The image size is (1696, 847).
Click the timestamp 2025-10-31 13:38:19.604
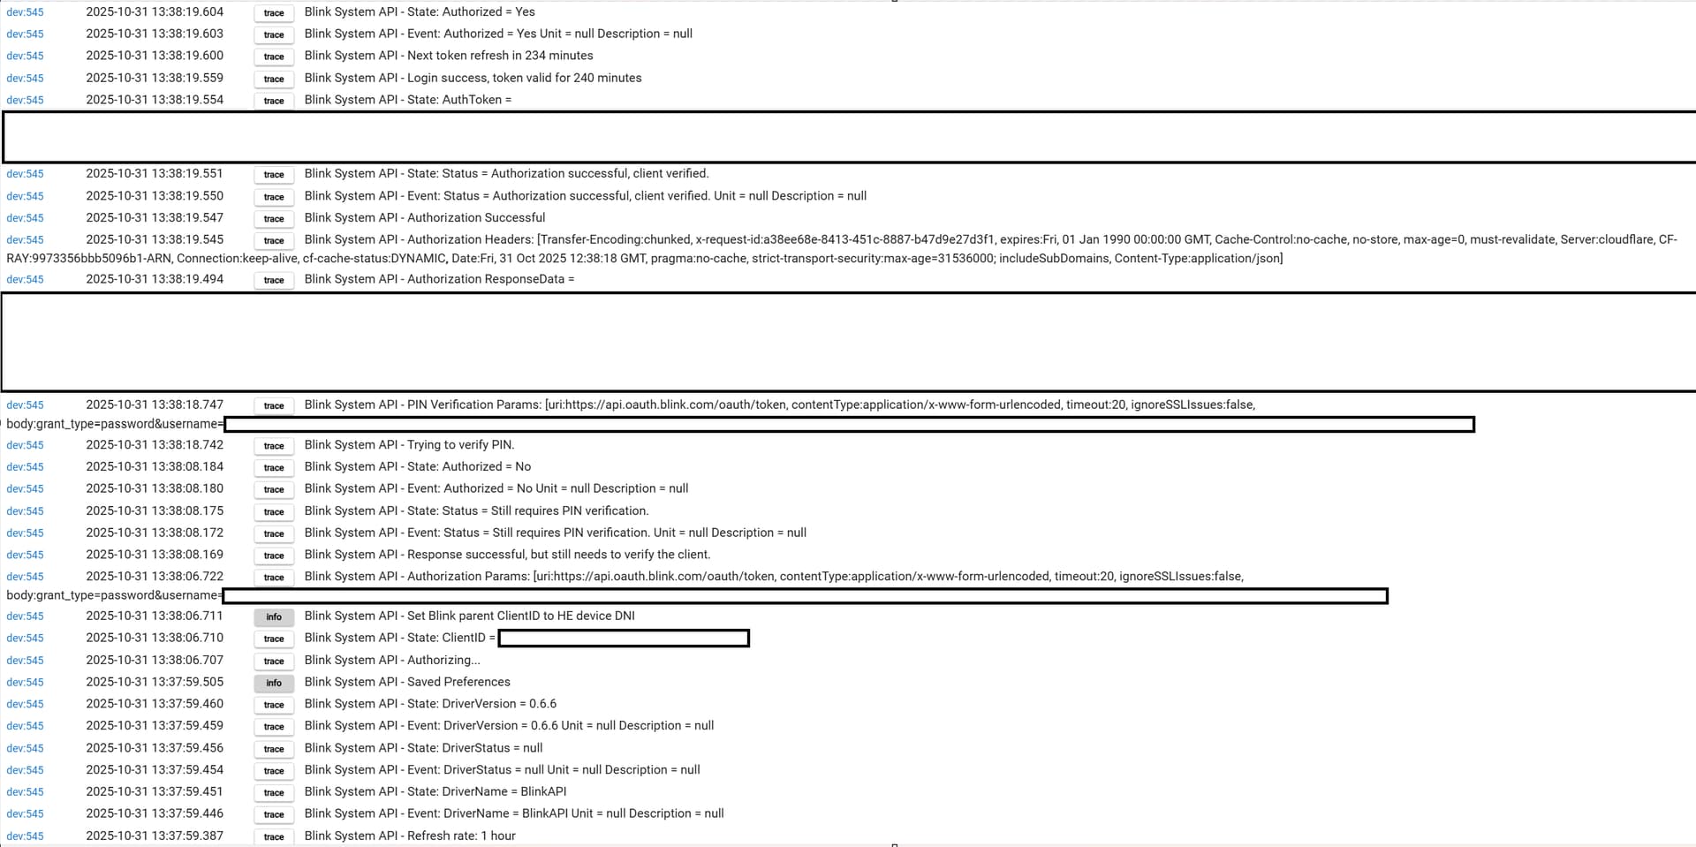[155, 11]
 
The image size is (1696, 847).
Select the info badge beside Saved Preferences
[274, 683]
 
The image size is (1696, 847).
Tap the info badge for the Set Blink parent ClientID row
[274, 616]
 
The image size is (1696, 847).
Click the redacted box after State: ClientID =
[624, 638]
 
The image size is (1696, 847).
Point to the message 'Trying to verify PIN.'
[409, 444]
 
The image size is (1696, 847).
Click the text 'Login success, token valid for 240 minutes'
[473, 78]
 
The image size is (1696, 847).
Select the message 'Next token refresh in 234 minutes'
[449, 56]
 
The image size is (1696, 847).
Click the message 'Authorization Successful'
[425, 217]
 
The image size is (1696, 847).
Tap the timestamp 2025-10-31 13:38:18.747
[155, 405]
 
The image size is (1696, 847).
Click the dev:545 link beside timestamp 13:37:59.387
[25, 836]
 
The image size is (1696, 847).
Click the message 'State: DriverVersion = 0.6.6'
[430, 704]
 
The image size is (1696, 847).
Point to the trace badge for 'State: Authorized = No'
[274, 467]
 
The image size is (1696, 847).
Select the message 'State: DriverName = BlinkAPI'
[435, 791]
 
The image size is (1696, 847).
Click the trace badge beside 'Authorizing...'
[274, 661]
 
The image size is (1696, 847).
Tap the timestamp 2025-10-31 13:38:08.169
[155, 555]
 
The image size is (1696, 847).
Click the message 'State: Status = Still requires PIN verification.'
[476, 510]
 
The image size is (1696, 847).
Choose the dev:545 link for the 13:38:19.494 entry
[25, 279]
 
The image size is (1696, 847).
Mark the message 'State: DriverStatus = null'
[423, 748]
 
